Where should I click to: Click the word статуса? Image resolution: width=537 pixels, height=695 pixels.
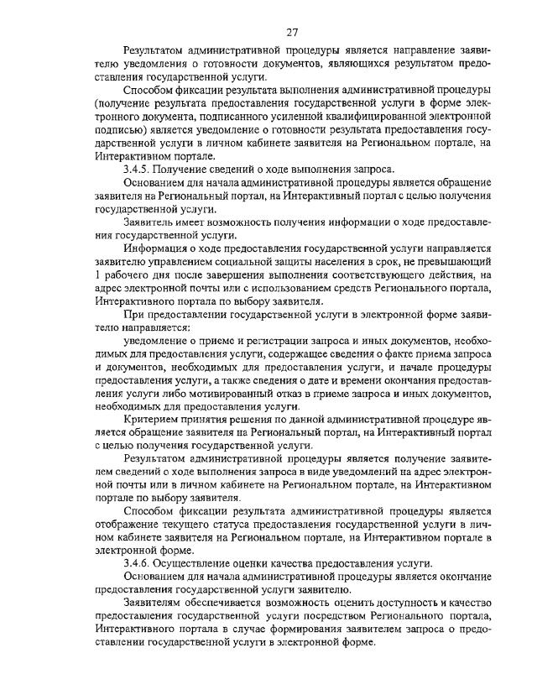click(x=220, y=523)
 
